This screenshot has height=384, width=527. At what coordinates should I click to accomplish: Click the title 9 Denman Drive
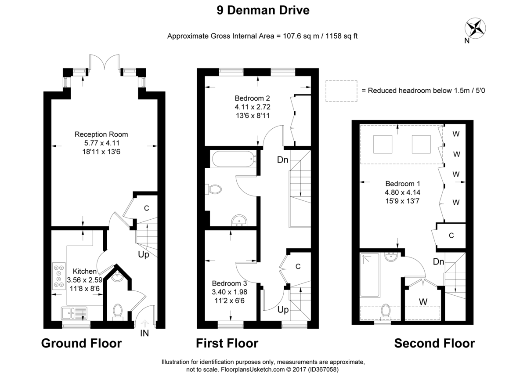[x=263, y=11]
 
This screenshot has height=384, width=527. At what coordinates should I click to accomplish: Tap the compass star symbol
[x=475, y=28]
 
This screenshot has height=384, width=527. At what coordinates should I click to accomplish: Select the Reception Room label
[x=101, y=134]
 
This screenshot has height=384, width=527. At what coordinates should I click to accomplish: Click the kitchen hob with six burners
[x=59, y=276]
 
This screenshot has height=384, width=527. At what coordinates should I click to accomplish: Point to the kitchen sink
[x=74, y=313]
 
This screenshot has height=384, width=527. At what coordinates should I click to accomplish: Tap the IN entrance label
[x=144, y=333]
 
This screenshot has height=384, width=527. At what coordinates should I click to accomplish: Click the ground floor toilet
[x=118, y=312]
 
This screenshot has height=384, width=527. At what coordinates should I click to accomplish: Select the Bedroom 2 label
[x=252, y=98]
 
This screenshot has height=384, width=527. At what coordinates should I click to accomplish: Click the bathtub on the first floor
[x=233, y=159]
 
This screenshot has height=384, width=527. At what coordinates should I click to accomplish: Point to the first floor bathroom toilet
[x=213, y=189]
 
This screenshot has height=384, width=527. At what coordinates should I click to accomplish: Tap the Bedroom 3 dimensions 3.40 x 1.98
[x=229, y=292]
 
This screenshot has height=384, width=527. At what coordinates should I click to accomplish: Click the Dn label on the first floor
[x=282, y=160]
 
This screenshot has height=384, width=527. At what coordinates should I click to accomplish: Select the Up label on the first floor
[x=283, y=310]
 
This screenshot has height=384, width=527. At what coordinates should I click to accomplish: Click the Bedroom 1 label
[x=403, y=184]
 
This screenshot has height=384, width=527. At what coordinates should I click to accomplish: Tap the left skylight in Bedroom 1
[x=383, y=144]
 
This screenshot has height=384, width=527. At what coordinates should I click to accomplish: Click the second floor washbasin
[x=391, y=257]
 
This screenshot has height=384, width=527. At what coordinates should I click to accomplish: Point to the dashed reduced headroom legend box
[x=341, y=91]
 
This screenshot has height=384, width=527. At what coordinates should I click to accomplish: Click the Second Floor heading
[x=434, y=343]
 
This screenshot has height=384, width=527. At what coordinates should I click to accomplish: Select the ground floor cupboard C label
[x=146, y=208]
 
